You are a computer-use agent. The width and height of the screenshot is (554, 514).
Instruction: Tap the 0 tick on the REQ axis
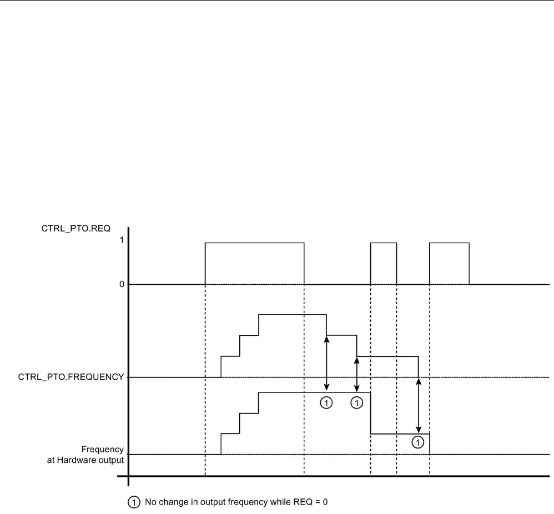click(121, 285)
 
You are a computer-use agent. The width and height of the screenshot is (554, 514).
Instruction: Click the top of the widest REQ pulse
click(254, 243)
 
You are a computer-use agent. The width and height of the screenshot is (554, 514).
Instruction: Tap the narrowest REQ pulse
click(384, 243)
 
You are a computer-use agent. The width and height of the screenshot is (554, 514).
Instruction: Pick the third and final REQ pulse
click(450, 243)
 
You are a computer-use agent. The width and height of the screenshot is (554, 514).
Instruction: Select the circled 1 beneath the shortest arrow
click(357, 402)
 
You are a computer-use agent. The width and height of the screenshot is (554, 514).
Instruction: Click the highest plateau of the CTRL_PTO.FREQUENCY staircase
click(292, 315)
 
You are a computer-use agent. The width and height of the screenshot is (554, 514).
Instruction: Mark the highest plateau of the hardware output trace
click(314, 392)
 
